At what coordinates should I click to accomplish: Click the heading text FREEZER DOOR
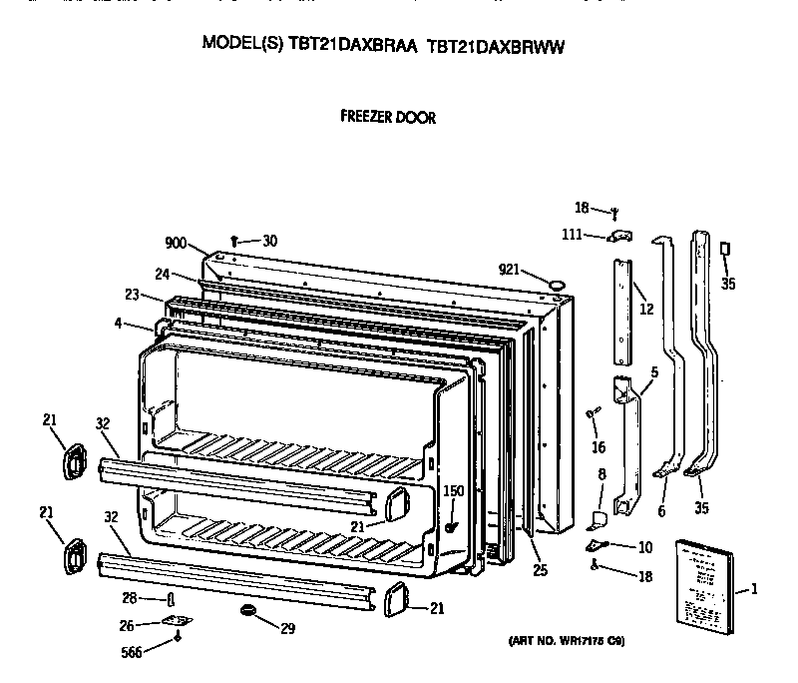coord(388,117)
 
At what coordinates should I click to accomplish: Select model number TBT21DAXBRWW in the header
coord(496,45)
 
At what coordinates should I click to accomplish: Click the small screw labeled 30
coord(233,241)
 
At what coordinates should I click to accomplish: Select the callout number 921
coord(510,270)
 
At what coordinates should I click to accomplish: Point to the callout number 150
coord(454,490)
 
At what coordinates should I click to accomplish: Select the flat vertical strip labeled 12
coord(622,310)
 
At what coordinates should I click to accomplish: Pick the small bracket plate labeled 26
coord(178,621)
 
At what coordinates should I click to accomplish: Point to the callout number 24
coord(162,274)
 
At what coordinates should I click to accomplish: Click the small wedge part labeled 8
coord(599,518)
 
